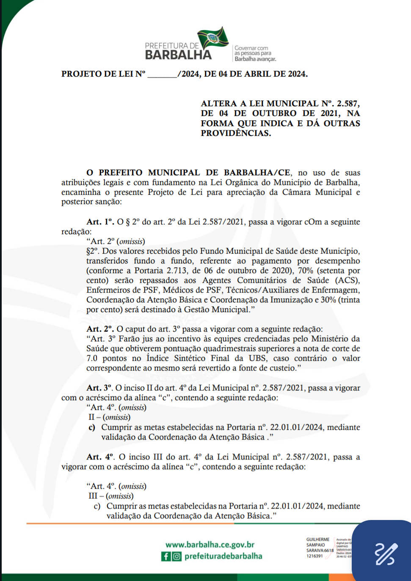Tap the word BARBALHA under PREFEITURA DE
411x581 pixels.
click(x=178, y=55)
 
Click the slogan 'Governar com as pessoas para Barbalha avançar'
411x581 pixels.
click(x=255, y=54)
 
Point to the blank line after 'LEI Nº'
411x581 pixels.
click(x=162, y=75)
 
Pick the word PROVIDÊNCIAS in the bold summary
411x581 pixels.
click(x=235, y=133)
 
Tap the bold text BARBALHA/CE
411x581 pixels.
click(x=257, y=173)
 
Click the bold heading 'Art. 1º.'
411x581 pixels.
click(x=100, y=222)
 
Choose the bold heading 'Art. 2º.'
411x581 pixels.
click(x=100, y=329)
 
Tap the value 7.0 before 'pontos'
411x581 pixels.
click(x=92, y=358)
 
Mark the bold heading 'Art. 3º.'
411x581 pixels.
click(x=99, y=388)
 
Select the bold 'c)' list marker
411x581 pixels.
click(x=92, y=427)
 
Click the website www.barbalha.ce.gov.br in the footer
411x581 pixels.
click(x=210, y=545)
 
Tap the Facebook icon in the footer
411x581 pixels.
click(x=166, y=556)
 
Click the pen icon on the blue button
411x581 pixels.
click(x=386, y=553)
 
